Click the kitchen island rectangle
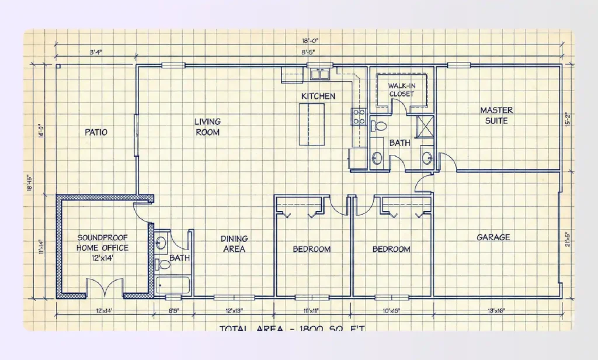click(311, 124)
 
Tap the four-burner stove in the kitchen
click(358, 116)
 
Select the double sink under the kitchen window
click(320, 74)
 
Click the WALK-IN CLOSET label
click(401, 89)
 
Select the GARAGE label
click(493, 237)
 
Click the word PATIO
click(96, 132)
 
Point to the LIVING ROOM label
click(207, 127)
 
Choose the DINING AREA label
click(234, 244)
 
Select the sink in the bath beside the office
click(162, 243)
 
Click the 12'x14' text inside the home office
click(103, 257)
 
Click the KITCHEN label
click(318, 96)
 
